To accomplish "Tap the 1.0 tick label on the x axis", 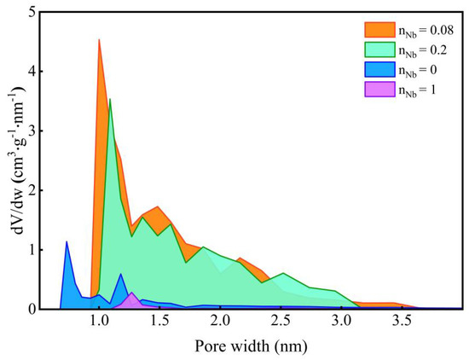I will pyautogui.click(x=100, y=321).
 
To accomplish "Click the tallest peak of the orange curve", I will pyautogui.click(x=99, y=39).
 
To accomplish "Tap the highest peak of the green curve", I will pyautogui.click(x=109, y=100).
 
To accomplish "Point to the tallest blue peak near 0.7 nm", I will pyautogui.click(x=67, y=241).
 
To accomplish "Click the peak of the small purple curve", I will pyautogui.click(x=132, y=293).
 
